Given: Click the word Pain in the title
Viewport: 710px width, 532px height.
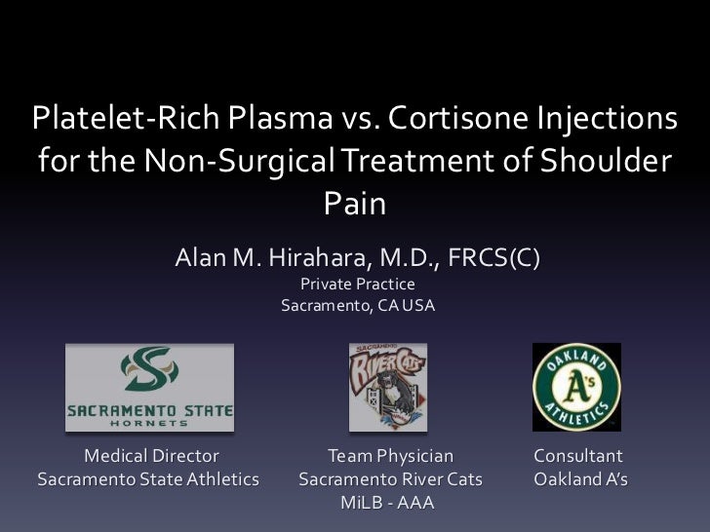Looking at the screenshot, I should (x=354, y=205).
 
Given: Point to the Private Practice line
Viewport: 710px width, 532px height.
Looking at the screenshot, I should (x=357, y=285).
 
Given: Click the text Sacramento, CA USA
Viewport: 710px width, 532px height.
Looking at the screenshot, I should (x=357, y=305).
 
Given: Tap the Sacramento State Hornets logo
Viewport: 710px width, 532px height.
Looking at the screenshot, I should (x=149, y=388).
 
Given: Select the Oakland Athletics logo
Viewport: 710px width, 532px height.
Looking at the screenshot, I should (x=576, y=387).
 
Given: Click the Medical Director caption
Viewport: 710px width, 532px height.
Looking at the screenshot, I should (x=151, y=456).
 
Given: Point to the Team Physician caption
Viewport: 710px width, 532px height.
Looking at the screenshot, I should (x=390, y=456).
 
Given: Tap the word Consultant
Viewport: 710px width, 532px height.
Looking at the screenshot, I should (x=578, y=456).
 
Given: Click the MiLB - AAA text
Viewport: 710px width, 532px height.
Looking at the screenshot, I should (x=387, y=504).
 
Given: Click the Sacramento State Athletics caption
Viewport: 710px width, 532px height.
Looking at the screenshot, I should (x=148, y=479).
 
